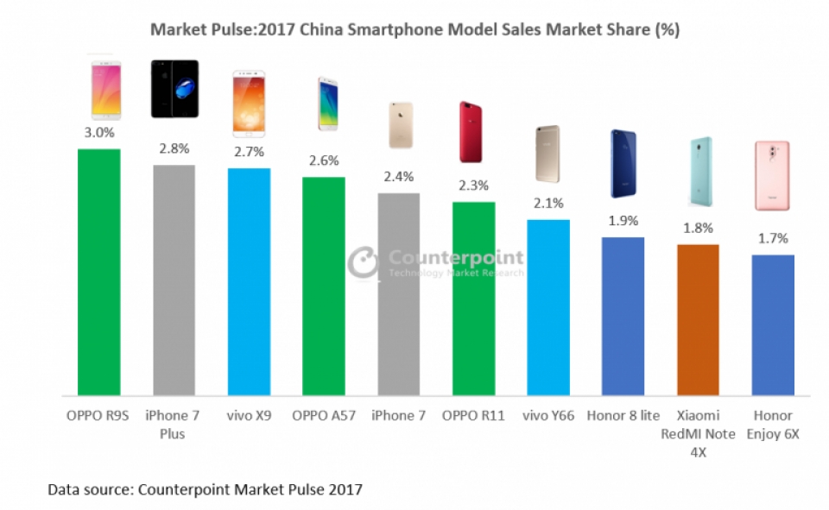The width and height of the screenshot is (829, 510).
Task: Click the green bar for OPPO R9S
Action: pyautogui.click(x=99, y=272)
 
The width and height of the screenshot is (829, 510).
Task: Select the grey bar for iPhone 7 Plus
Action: pyautogui.click(x=174, y=280)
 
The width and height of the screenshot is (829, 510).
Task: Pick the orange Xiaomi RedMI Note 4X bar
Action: pyautogui.click(x=698, y=319)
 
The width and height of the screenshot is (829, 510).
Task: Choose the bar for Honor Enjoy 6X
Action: pyautogui.click(x=772, y=324)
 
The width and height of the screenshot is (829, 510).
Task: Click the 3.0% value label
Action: pyautogui.click(x=99, y=132)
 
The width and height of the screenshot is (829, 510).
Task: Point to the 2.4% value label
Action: pyautogui.click(x=398, y=176)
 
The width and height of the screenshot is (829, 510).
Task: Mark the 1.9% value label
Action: pyautogui.click(x=623, y=220)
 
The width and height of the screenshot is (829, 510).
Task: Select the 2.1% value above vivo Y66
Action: pyautogui.click(x=547, y=204)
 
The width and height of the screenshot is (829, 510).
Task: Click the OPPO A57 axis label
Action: pyautogui.click(x=323, y=415)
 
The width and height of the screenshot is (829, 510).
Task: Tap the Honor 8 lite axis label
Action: pyautogui.click(x=623, y=415)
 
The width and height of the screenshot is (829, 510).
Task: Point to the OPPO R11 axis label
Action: pyautogui.click(x=473, y=415)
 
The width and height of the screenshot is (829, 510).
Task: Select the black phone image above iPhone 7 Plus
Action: pyautogui.click(x=174, y=89)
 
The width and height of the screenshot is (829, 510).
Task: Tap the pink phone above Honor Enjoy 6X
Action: pyautogui.click(x=772, y=175)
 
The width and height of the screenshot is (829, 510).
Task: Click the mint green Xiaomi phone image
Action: pyautogui.click(x=698, y=168)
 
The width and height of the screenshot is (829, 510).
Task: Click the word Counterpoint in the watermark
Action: pyautogui.click(x=455, y=257)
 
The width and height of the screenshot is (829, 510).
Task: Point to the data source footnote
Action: pyautogui.click(x=205, y=489)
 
